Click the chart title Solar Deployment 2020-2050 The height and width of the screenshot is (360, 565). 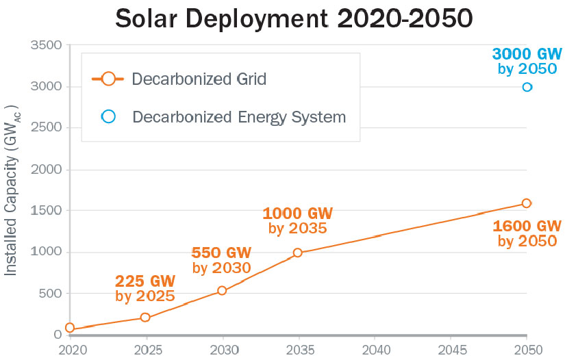[293, 18]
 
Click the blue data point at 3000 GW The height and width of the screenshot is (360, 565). [527, 87]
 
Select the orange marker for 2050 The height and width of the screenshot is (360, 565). [527, 203]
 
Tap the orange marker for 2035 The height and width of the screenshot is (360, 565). [298, 253]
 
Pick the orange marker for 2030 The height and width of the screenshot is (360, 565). [222, 291]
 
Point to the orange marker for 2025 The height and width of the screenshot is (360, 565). [145, 318]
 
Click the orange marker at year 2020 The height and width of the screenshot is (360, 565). [70, 328]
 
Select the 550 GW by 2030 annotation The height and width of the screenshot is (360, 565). [221, 259]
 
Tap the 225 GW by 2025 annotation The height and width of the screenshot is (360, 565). [145, 288]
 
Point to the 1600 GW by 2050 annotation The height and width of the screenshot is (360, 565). [527, 233]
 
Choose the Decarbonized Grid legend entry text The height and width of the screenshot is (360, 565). [199, 79]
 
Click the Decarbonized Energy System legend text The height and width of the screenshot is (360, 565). [239, 117]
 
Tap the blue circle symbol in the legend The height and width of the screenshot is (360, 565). [108, 116]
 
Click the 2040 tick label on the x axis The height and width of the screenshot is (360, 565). [374, 349]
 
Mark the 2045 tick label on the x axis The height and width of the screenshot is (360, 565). [450, 349]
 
